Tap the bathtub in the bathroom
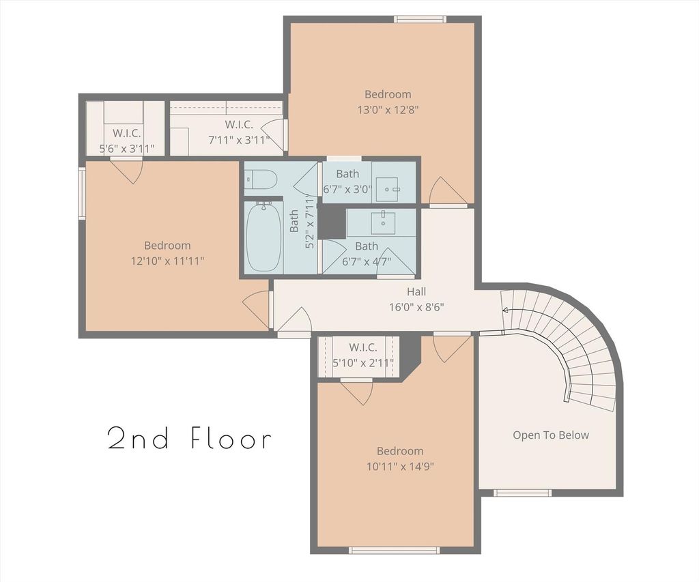pos(264,237)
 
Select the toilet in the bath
pos(261,179)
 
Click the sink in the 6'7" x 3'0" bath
pos(387,189)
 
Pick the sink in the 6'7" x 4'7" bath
pos(383,223)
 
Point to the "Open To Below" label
pos(551,435)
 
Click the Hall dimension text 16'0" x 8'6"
pos(416,307)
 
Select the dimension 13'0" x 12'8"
pos(388,110)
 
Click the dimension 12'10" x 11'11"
pos(168,261)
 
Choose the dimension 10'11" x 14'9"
pos(400,467)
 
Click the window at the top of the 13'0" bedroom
pos(420,19)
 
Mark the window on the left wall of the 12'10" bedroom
pos(82,193)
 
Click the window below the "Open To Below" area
pos(522,493)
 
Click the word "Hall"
pos(416,291)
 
